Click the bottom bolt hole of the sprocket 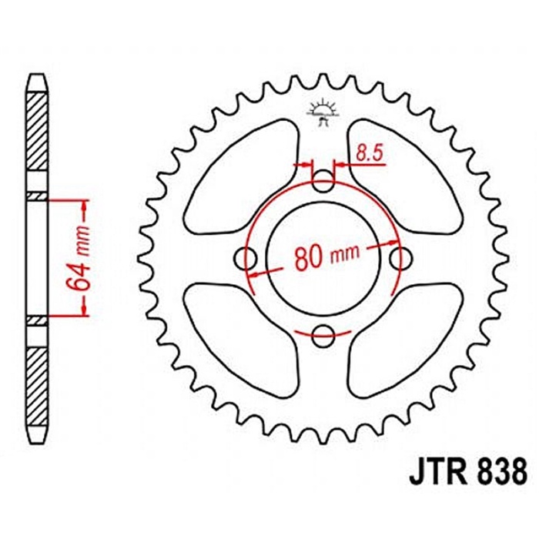323,336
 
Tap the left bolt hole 246,259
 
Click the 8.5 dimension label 369,153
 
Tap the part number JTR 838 467,473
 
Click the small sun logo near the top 322,112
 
